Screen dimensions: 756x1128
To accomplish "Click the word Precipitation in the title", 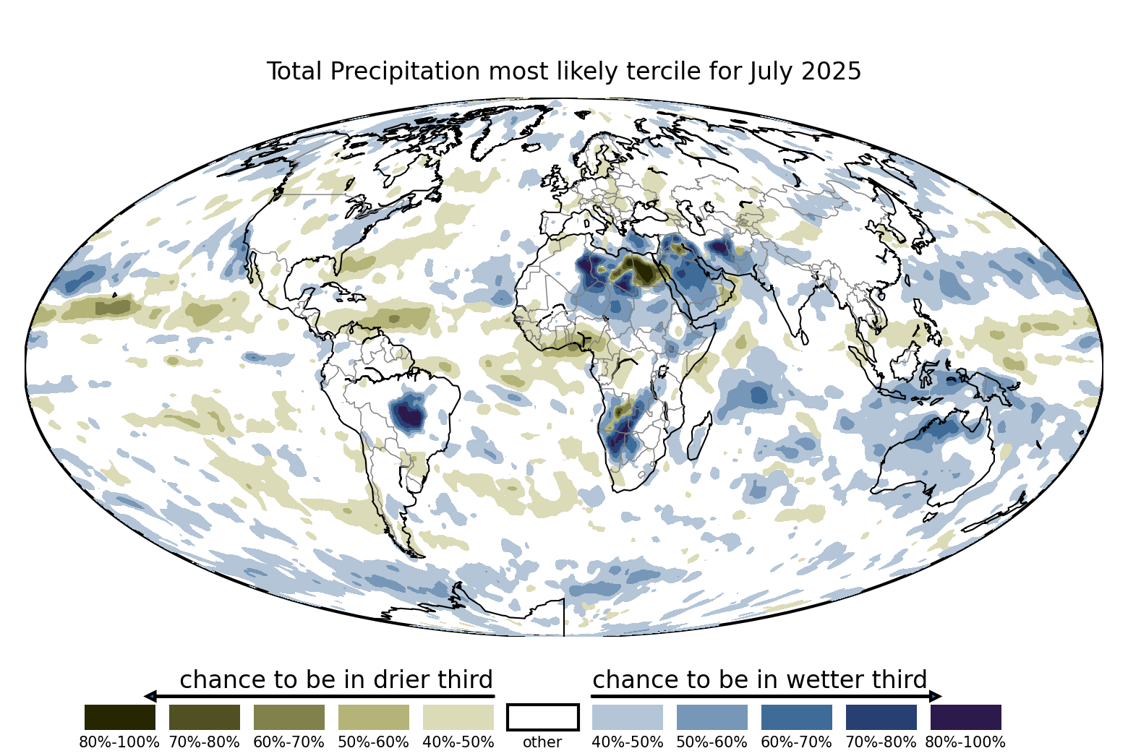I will click(408, 72).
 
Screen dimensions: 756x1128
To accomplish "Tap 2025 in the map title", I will click(832, 72).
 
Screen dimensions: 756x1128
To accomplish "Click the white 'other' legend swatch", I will click(542, 717).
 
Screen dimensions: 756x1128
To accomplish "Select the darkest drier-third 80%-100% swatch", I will click(119, 717).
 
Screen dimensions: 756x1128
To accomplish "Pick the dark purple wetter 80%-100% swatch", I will click(965, 717).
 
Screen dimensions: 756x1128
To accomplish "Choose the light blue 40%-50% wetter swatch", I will click(627, 717).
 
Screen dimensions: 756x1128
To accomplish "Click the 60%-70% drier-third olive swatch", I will click(289, 717).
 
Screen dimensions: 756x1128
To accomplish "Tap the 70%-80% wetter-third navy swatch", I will click(881, 717).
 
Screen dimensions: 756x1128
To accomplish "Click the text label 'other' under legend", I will click(542, 742).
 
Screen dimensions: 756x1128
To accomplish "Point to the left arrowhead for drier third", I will click(150, 696).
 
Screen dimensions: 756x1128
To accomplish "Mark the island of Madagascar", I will click(698, 437).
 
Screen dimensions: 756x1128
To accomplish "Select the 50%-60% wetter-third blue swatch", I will click(712, 717).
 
